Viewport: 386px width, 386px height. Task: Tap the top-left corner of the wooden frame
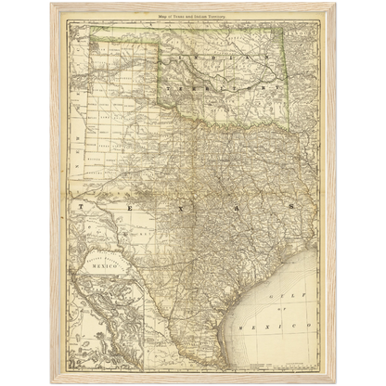click(52, 3)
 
